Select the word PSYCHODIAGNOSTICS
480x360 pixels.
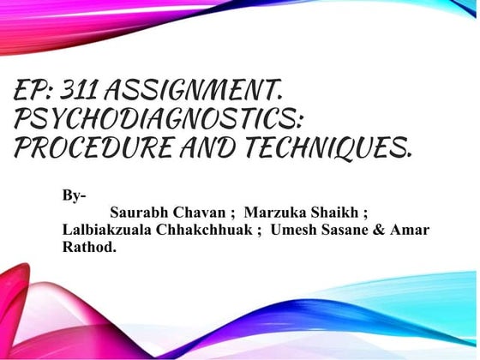click(159, 119)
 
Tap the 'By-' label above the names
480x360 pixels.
click(74, 195)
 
